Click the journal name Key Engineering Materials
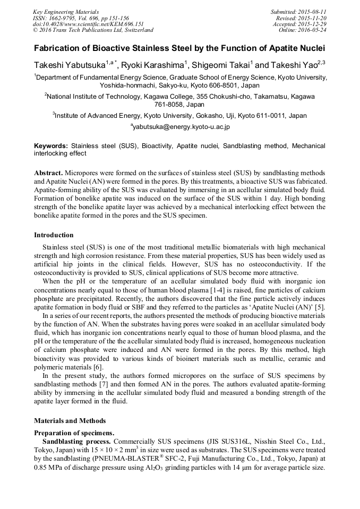pos(65,11)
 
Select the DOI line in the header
pos(88,24)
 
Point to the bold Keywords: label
pos(51,145)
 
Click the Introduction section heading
pos(54,235)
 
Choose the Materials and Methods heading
pos(70,421)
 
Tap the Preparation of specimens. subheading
pos(74,433)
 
